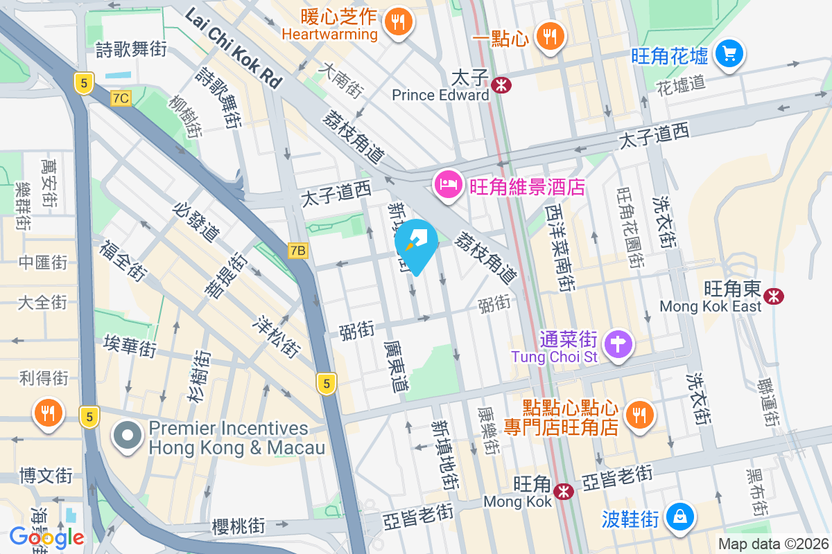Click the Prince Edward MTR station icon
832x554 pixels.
tap(499, 85)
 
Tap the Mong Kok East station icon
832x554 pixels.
tap(773, 296)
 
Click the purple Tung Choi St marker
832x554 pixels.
tap(616, 342)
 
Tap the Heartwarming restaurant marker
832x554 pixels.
tap(398, 21)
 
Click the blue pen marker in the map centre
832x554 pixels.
tap(416, 243)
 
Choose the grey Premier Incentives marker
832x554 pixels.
tap(128, 437)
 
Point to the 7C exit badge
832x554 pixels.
tap(120, 98)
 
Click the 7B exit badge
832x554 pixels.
tap(297, 250)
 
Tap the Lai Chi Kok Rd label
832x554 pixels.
tap(234, 49)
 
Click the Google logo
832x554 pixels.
tap(46, 537)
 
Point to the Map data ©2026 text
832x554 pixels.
tap(772, 544)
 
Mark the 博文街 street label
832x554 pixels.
tap(46, 476)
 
